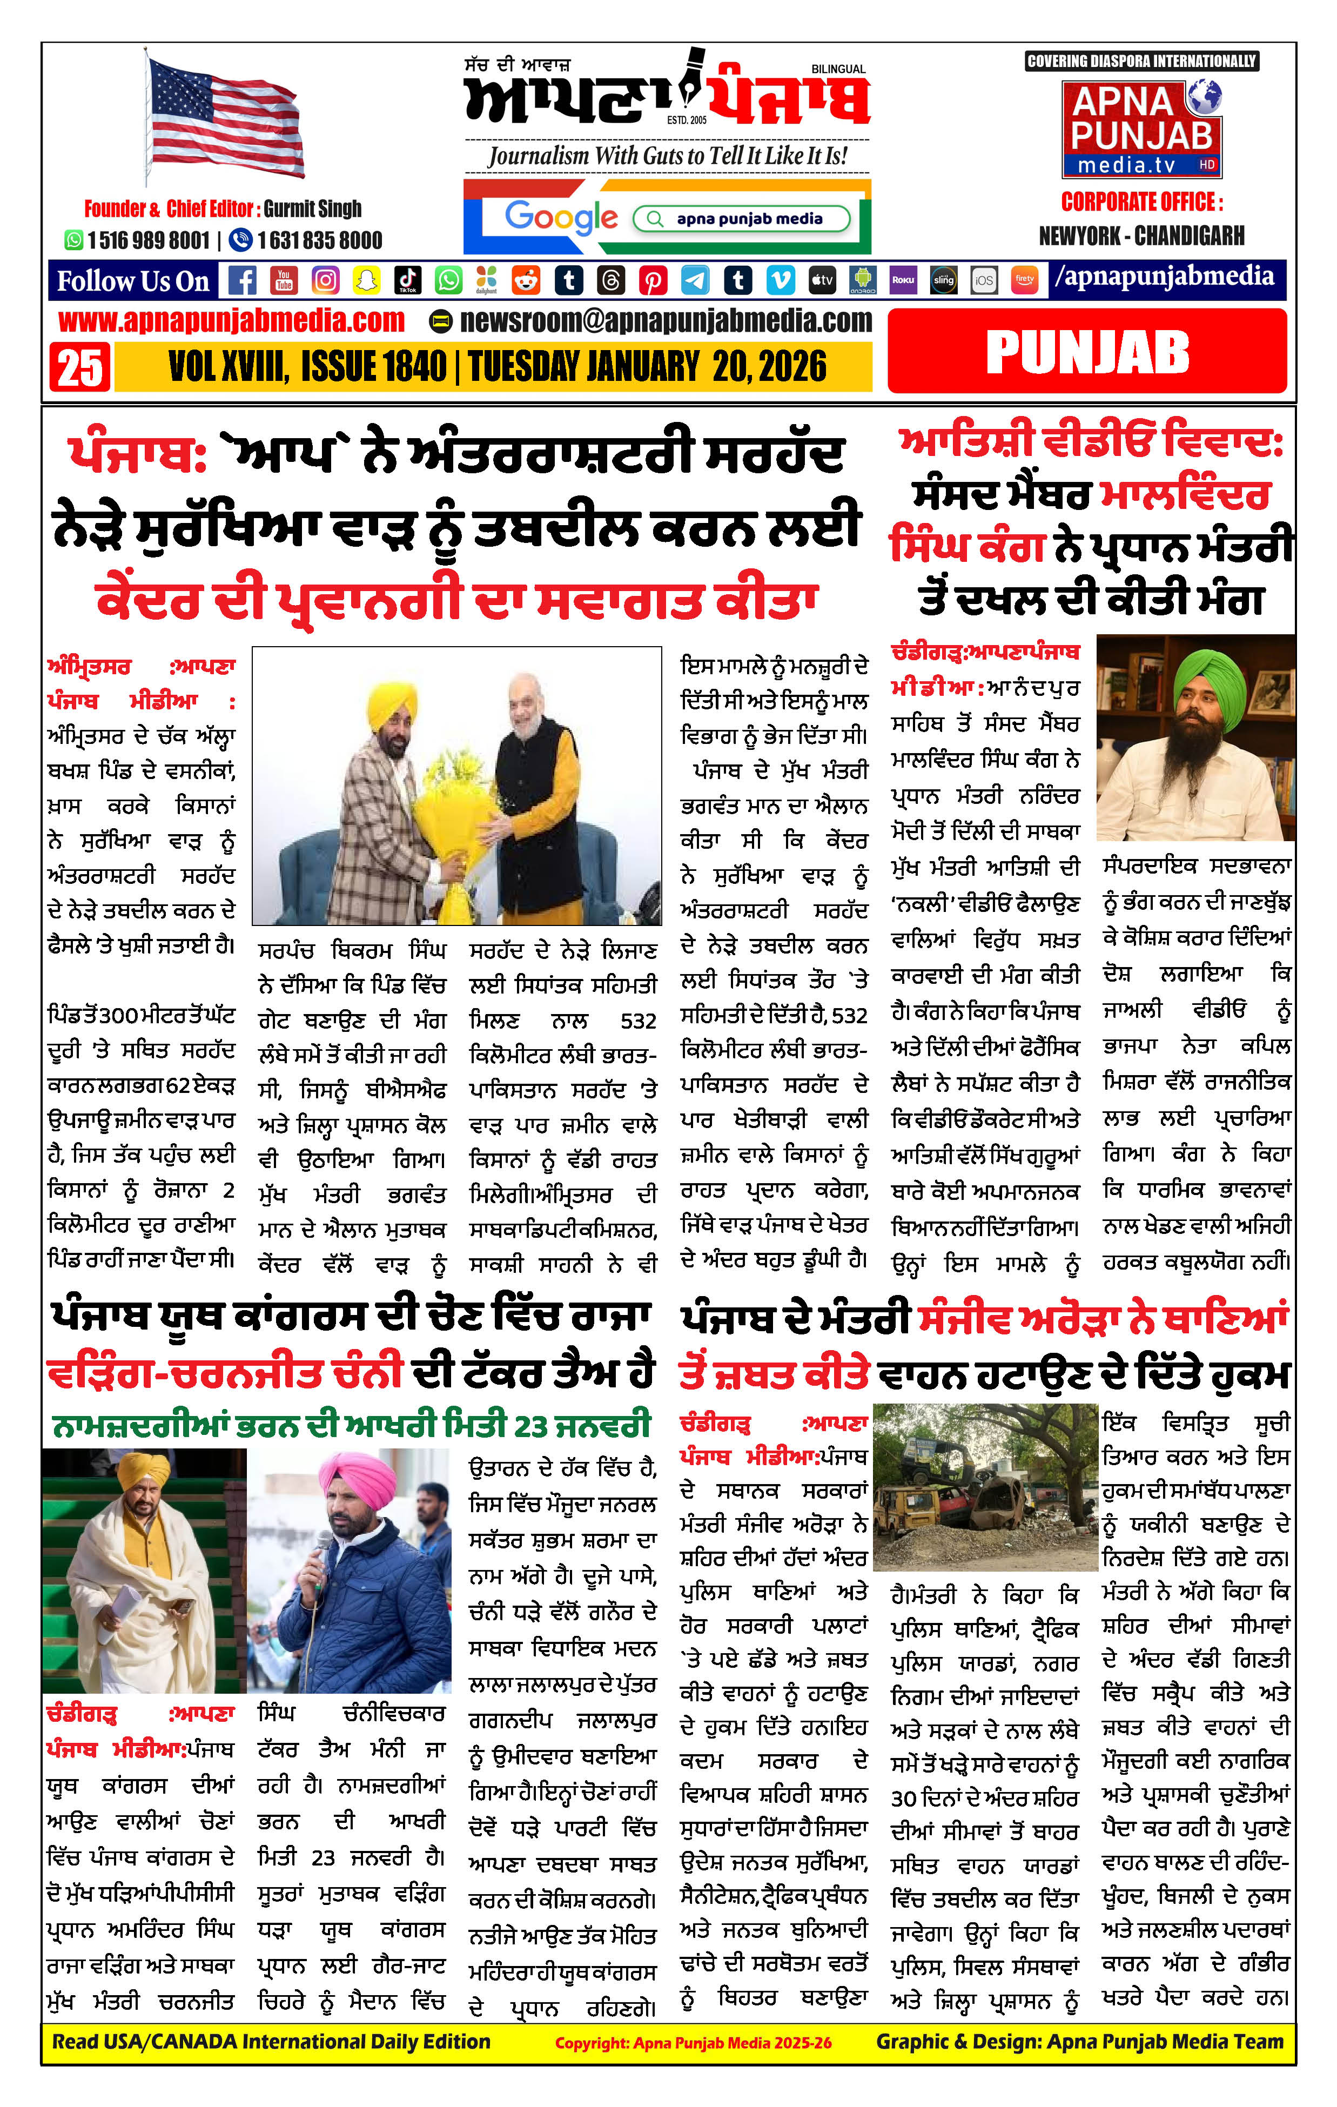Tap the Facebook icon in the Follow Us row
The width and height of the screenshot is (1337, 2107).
point(243,280)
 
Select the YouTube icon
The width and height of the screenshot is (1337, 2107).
point(284,280)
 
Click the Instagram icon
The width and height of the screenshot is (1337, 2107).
point(325,280)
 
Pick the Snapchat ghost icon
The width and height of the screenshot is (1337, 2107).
point(366,280)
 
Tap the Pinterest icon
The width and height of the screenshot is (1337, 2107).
point(652,280)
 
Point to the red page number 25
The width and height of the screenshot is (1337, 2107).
point(79,367)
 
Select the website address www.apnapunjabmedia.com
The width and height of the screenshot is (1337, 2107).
point(232,321)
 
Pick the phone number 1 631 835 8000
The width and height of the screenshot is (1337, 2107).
point(319,240)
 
